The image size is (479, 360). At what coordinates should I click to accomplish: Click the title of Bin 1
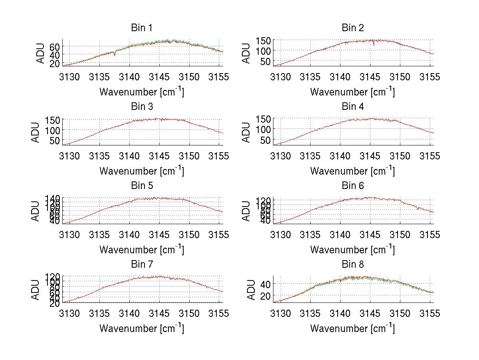142,28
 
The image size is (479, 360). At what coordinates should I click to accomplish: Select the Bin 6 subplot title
352,186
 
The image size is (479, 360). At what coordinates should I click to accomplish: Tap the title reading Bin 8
352,265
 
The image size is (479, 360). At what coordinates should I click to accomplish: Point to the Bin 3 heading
142,107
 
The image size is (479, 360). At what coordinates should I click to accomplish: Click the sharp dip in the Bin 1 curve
115,54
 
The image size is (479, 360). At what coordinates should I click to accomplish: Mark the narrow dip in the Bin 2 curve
374,44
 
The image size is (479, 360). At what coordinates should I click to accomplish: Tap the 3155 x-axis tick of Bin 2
430,77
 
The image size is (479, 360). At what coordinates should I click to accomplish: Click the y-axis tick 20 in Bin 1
55,63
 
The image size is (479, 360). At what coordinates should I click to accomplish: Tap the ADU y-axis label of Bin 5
36,211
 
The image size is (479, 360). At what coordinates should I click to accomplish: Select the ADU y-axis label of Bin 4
247,132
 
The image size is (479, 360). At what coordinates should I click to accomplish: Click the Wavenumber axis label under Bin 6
352,250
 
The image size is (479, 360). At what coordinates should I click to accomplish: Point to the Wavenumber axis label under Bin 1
142,92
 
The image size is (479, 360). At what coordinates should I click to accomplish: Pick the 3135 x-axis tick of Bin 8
310,313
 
